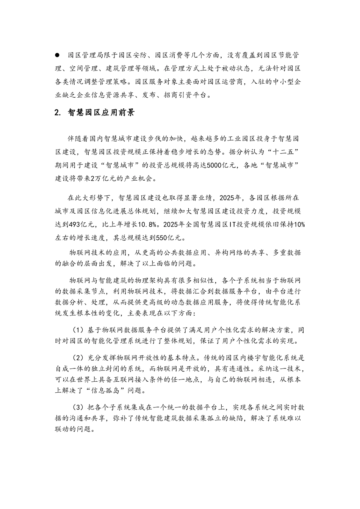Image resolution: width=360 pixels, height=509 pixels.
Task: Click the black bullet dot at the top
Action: pos(58,55)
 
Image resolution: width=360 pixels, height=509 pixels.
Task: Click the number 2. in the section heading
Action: pos(58,113)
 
